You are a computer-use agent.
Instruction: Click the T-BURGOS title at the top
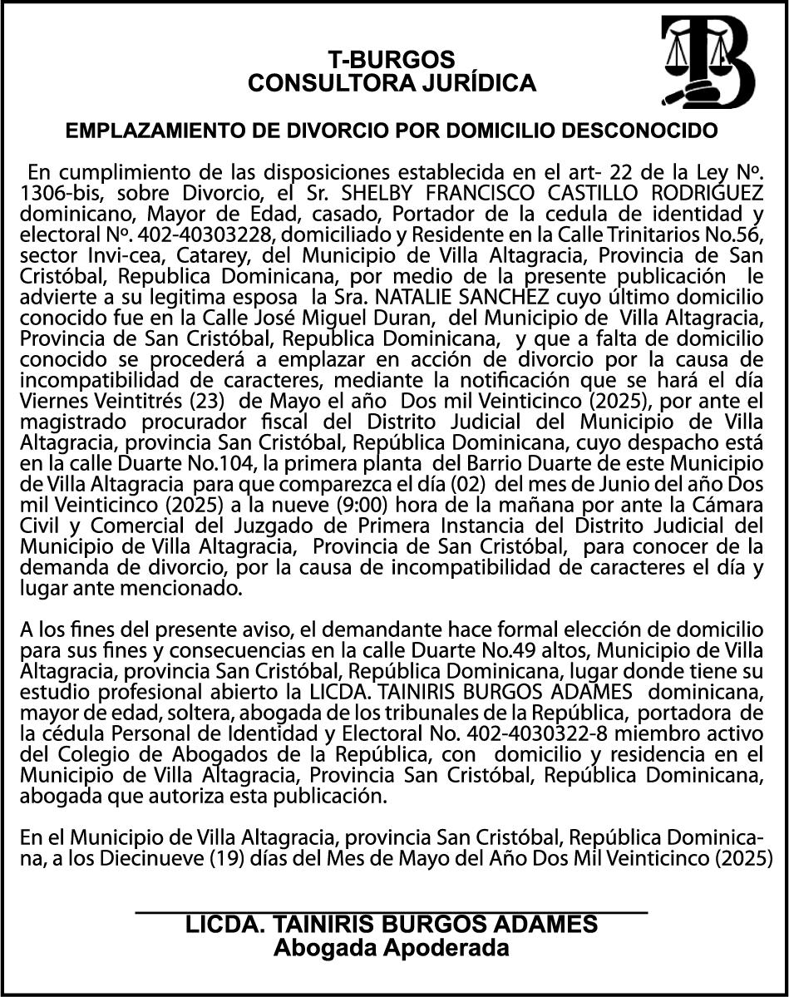coord(392,60)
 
